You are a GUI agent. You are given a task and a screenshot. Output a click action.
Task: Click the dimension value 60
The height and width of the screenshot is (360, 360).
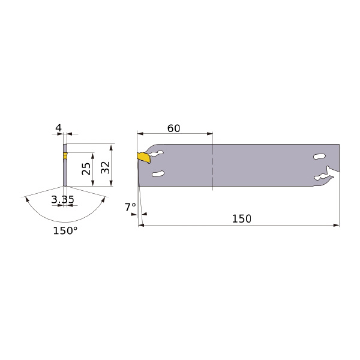173,128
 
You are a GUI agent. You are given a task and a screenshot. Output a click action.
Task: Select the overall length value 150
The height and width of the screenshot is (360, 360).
242,218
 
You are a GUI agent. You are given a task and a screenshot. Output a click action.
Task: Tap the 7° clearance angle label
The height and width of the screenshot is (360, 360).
130,208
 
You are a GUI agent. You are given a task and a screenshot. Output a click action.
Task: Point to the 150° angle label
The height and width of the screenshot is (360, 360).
65,231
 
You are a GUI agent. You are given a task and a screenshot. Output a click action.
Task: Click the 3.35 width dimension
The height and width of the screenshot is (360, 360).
62,200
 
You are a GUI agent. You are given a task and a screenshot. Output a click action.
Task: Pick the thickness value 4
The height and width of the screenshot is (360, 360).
59,128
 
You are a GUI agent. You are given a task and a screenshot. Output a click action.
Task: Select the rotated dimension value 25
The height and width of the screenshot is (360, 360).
86,169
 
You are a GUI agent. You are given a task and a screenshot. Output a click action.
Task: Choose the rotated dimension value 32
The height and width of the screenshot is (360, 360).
106,167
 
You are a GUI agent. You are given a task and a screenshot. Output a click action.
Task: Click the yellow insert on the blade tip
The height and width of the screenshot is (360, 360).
143,157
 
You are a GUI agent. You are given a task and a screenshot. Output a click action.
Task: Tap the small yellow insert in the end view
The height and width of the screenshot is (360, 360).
65,155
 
